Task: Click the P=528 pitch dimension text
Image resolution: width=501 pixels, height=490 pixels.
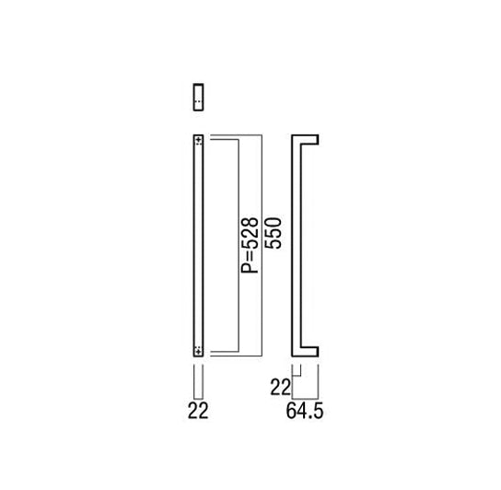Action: coord(250,246)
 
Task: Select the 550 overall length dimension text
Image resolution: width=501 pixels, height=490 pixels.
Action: coord(274,233)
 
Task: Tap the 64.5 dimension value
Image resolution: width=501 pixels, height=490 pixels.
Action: coord(305,411)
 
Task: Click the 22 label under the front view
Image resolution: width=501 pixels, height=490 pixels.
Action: coord(198,411)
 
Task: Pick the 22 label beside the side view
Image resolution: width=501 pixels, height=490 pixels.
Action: coord(280,387)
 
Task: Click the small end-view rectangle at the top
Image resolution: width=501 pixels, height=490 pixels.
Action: coord(198,97)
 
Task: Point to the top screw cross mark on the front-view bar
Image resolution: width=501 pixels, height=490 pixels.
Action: coord(199,140)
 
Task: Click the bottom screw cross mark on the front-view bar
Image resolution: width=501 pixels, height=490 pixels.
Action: coord(199,351)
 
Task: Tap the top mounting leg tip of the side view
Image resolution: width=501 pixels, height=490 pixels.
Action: coord(318,139)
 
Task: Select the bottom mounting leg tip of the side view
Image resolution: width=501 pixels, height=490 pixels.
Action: coord(318,351)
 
